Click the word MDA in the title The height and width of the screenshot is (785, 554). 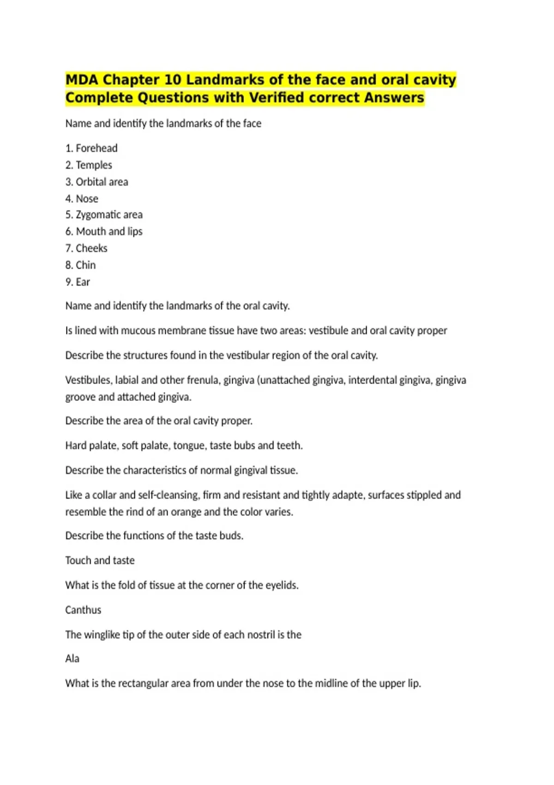[x=82, y=80]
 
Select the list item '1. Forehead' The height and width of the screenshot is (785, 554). [x=91, y=148]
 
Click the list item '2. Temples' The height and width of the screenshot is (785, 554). [x=89, y=165]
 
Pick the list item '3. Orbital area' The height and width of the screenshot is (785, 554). [x=96, y=182]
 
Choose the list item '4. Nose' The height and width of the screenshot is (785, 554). [x=82, y=199]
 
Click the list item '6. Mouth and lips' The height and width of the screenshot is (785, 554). [x=104, y=231]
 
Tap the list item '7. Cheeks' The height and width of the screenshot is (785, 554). [x=86, y=248]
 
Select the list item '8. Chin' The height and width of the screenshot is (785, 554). [x=80, y=265]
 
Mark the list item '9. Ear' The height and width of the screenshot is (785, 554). [x=78, y=282]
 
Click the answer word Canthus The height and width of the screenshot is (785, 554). [x=83, y=610]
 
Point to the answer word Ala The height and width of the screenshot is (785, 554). [x=72, y=659]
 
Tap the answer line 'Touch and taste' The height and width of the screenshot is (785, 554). [x=100, y=561]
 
